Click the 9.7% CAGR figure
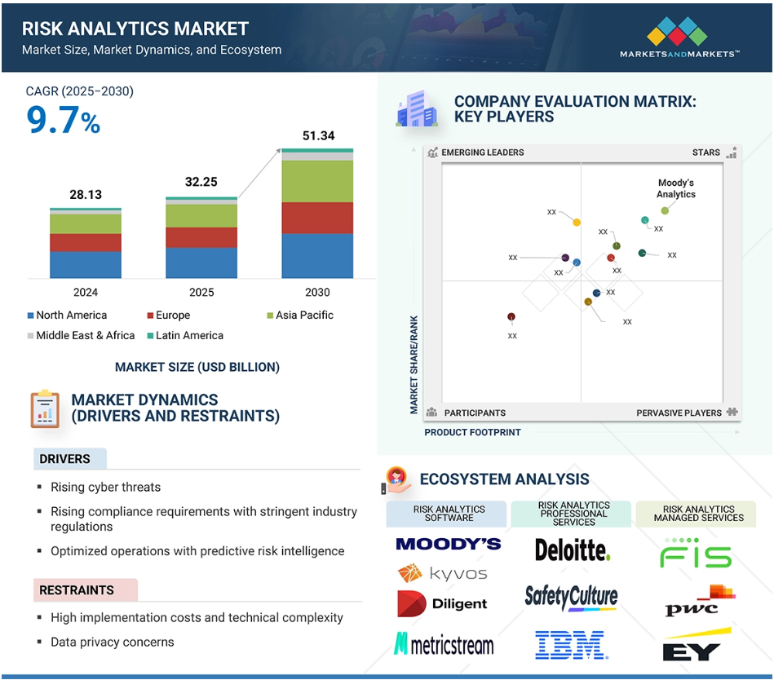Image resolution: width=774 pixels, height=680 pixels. pos(63,120)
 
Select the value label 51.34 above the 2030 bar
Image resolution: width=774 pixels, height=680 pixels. pos(318,135)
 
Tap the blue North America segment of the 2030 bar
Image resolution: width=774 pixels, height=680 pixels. pos(317,256)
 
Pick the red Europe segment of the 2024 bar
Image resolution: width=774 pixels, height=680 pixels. pos(86,243)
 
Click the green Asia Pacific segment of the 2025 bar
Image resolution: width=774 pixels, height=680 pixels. pos(201,216)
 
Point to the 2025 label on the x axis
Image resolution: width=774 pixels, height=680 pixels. pos(201,292)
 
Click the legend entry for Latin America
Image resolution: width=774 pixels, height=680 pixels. pos(186,336)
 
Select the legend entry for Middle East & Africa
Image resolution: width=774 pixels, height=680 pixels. pos(81,336)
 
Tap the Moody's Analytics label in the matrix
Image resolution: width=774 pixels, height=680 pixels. pos(676,188)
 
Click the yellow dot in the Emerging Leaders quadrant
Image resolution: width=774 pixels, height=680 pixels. pos(577,223)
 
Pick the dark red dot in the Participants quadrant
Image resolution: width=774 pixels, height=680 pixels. pos(511,317)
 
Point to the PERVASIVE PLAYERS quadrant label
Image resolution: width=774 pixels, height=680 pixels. pos(679,413)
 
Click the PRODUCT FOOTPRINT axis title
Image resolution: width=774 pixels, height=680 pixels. pos(472,432)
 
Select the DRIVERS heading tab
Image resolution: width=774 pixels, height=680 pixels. pos(69,459)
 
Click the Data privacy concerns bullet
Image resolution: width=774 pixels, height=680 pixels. pos(113,642)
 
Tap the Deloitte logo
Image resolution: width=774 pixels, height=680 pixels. pos(573,550)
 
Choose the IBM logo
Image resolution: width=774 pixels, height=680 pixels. pos(572,644)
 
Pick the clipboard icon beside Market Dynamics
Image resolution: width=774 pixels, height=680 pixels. pos(45,409)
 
